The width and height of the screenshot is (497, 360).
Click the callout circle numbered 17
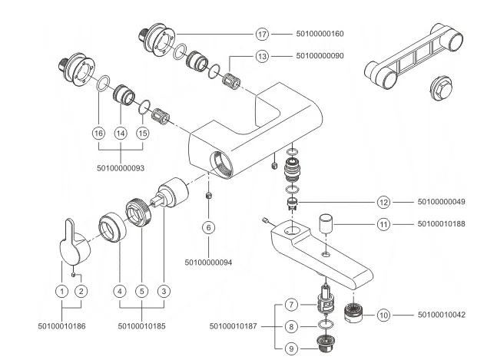pyautogui.click(x=262, y=35)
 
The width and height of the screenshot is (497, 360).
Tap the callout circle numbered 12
pyautogui.click(x=384, y=202)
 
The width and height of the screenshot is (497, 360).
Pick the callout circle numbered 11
pyautogui.click(x=384, y=224)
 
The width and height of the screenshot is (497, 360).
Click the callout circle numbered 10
pyautogui.click(x=384, y=314)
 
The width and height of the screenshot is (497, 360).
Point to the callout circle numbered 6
pyautogui.click(x=209, y=227)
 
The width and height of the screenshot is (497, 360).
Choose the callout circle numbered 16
pyautogui.click(x=98, y=132)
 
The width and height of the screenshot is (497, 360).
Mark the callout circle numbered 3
pyautogui.click(x=163, y=291)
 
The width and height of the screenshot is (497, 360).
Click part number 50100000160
pyautogui.click(x=320, y=35)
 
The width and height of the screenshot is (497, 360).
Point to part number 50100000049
pyautogui.click(x=442, y=202)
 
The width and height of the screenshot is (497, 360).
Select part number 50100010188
pyautogui.click(x=442, y=224)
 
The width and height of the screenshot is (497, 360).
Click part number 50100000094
pyautogui.click(x=209, y=263)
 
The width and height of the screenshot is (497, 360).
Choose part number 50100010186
pyautogui.click(x=61, y=326)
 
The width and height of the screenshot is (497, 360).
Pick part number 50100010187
pyautogui.click(x=234, y=326)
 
